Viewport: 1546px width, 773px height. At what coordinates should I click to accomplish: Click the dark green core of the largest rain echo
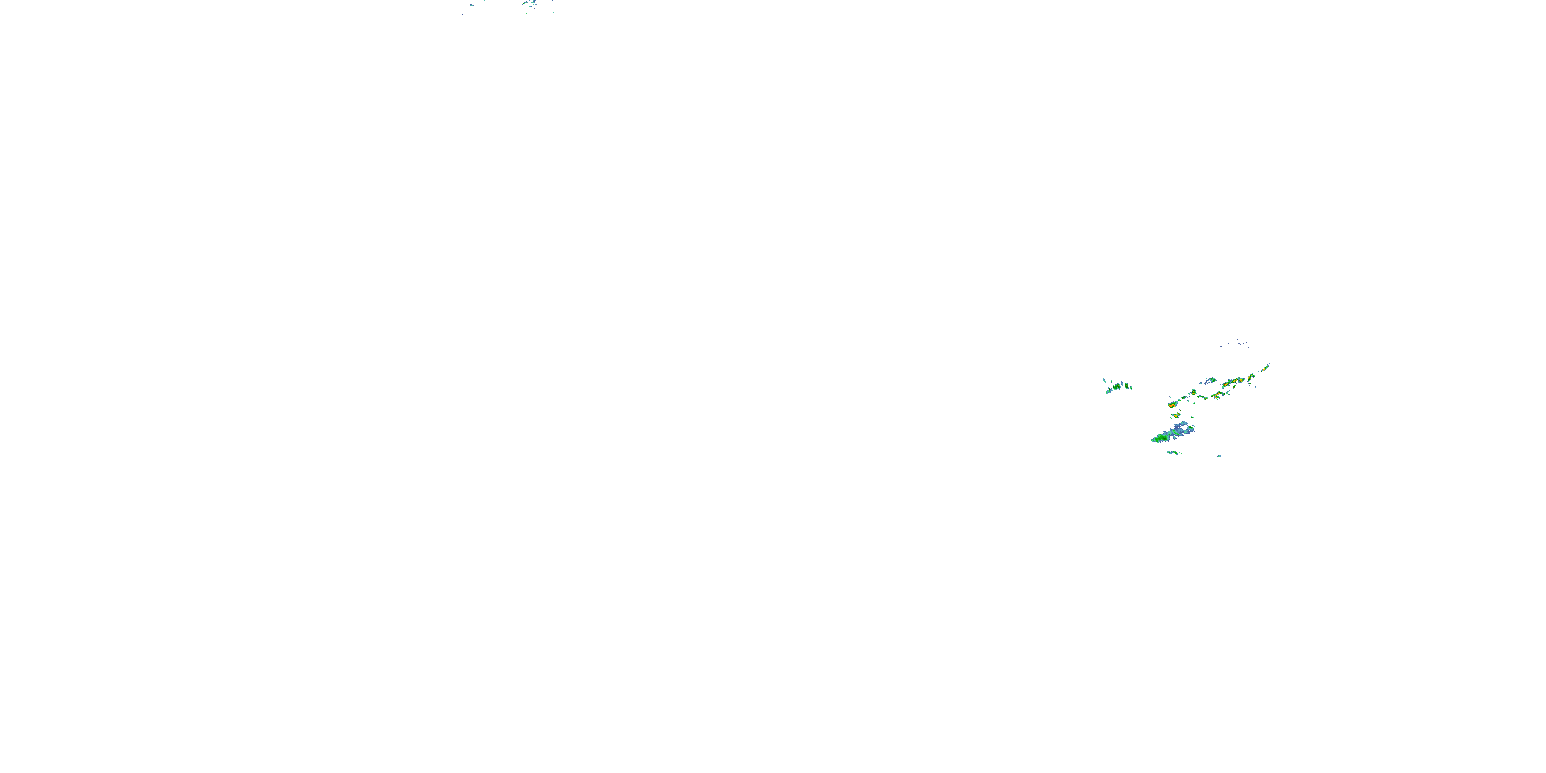tap(1164, 438)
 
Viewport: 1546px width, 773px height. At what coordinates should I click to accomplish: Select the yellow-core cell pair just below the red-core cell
tap(1177, 415)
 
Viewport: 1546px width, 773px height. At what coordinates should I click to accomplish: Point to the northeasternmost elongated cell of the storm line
tap(1265, 369)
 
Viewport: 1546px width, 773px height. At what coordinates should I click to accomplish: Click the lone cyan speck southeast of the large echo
tap(1219, 456)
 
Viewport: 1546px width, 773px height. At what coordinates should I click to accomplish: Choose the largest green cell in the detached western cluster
tap(1117, 387)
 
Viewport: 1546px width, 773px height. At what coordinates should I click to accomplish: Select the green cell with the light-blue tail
tap(1212, 380)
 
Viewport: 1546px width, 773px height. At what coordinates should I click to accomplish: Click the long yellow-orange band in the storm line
tap(1231, 383)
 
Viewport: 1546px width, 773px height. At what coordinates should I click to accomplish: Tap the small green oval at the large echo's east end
tap(1191, 427)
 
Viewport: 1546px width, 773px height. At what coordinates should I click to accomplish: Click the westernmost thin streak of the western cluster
tap(1104, 381)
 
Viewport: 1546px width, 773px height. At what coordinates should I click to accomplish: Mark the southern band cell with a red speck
tap(1218, 394)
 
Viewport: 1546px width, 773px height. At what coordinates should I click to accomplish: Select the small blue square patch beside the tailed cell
tap(1200, 383)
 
